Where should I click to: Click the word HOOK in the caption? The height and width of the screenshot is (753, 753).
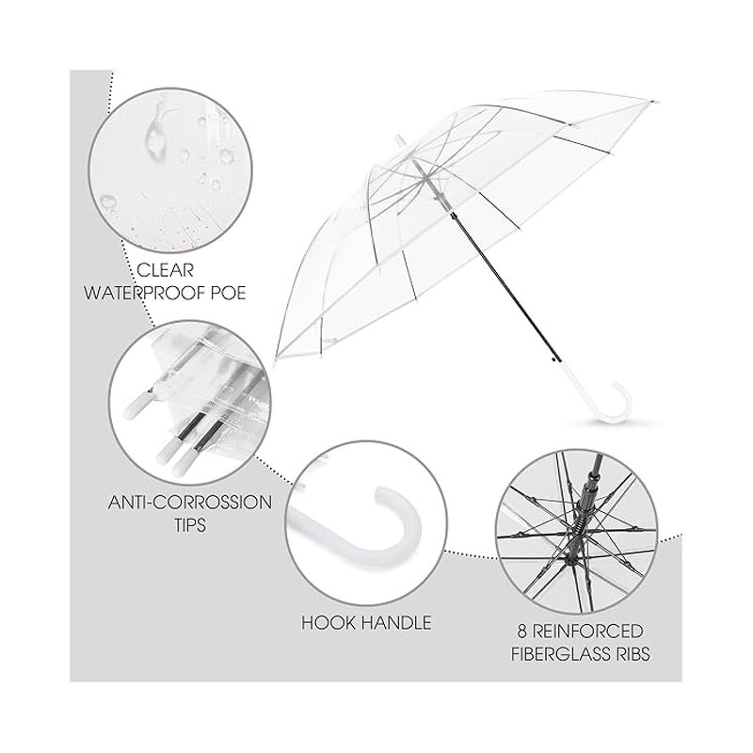coord(329,622)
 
